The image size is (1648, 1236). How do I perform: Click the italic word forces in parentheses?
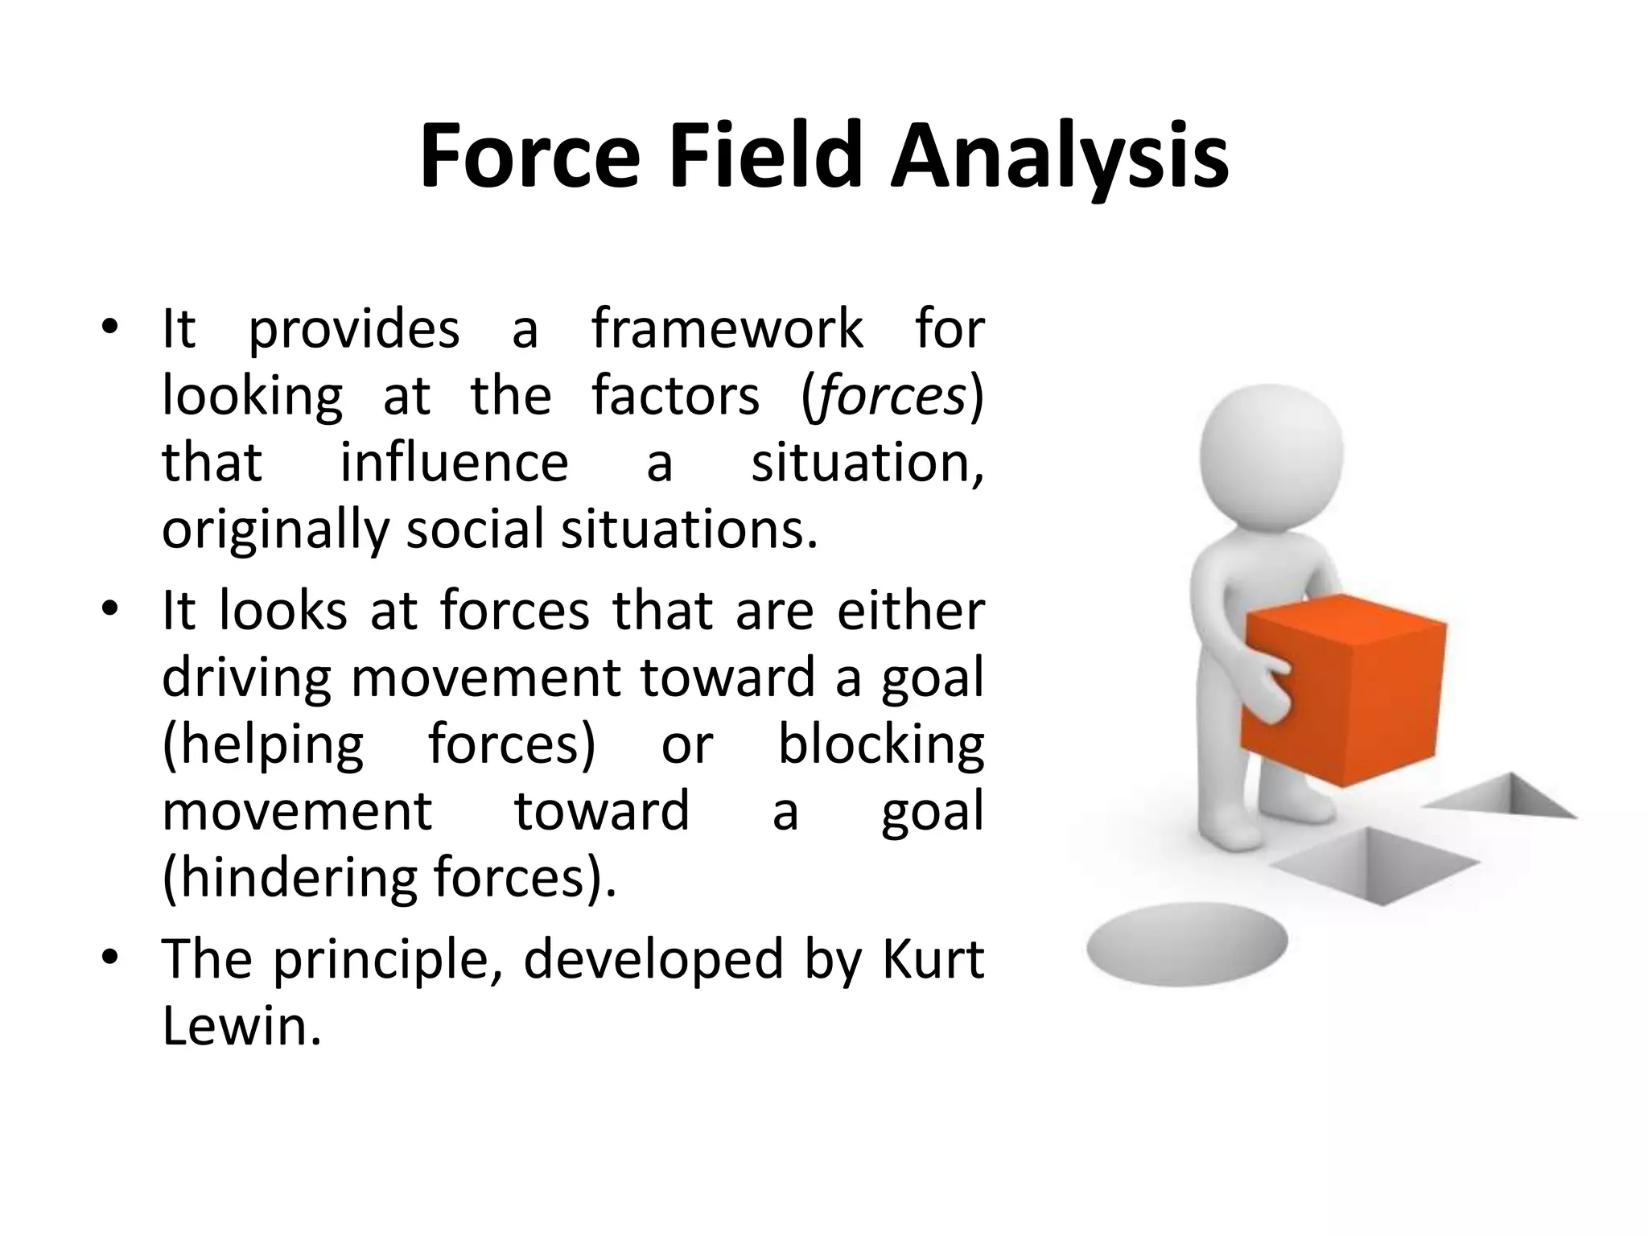[888, 397]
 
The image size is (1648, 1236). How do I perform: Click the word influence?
[454, 463]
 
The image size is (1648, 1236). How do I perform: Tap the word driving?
[245, 678]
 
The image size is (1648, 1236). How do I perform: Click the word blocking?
[880, 744]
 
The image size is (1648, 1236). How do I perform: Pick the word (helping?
[262, 744]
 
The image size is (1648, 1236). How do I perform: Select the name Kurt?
[933, 959]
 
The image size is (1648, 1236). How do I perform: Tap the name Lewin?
[241, 1026]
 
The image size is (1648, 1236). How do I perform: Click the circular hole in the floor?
[1186, 943]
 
